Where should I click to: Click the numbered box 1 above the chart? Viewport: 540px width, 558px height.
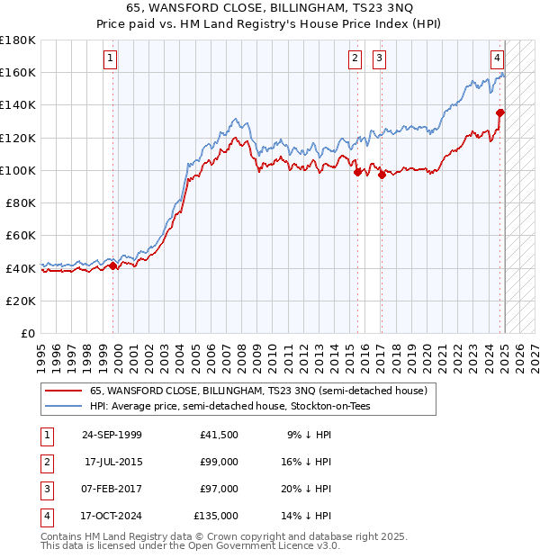110,59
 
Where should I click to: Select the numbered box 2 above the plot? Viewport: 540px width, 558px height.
355,59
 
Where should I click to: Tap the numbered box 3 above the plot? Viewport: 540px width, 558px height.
380,59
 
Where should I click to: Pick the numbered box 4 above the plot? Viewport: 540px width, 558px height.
497,59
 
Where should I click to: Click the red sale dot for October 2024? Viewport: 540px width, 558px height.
500,112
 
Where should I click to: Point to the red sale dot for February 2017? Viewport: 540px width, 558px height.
382,175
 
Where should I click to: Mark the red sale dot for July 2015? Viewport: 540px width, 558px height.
357,172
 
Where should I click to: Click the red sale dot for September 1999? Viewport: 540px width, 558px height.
113,265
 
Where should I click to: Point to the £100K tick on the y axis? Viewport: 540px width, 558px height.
20,170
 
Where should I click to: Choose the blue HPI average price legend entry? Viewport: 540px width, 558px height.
229,406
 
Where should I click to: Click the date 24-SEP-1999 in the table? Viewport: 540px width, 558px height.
112,435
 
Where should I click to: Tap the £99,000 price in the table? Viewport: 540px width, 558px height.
220,462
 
